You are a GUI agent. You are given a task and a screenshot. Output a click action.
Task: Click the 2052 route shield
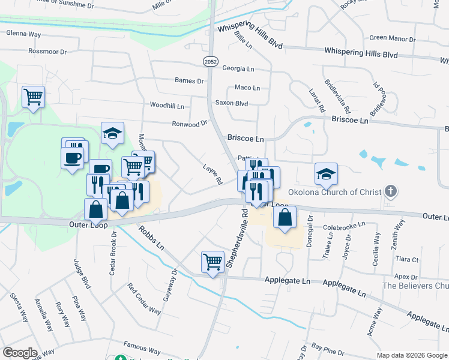point(210,62)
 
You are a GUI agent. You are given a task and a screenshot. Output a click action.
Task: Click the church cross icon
point(391,192)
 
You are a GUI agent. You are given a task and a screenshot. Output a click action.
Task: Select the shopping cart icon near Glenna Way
point(34,97)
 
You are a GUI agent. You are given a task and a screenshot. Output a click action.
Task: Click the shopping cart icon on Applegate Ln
point(213,262)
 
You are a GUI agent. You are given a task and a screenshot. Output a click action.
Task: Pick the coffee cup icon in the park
point(72,158)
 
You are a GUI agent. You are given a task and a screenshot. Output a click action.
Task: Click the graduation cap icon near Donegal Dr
point(326,173)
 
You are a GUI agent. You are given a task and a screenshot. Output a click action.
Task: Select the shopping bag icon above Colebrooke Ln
point(285,217)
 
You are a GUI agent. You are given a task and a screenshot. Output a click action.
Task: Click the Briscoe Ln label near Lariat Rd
point(349,120)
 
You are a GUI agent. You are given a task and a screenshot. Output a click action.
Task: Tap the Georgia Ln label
point(238,68)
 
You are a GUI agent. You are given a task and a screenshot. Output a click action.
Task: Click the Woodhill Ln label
point(167,105)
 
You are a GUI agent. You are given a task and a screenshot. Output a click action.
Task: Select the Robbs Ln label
point(151,238)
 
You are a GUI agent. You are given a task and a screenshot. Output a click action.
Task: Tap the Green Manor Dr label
point(392,38)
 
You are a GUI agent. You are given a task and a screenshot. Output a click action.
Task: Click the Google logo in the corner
point(20,353)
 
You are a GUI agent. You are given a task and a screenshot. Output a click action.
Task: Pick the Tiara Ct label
point(407,259)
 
